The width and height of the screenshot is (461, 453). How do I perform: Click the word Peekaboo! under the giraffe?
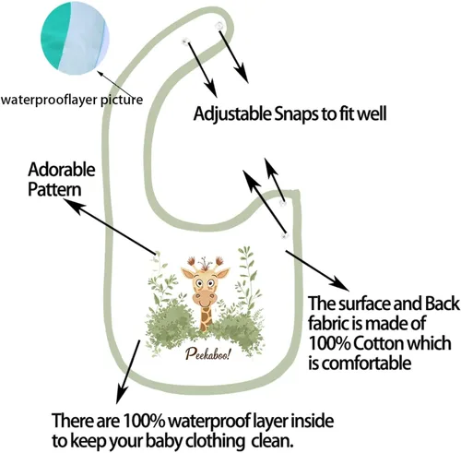point(207,355)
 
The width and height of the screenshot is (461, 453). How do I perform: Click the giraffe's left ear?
point(187,273)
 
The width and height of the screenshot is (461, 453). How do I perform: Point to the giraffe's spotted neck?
point(207,318)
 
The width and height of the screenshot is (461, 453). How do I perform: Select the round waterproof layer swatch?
point(76,40)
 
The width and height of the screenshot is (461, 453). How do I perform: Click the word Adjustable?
point(232,114)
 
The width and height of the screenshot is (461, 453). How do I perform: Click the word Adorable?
point(62,169)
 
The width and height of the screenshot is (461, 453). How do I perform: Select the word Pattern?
point(54,189)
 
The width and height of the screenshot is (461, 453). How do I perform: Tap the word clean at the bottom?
point(271,441)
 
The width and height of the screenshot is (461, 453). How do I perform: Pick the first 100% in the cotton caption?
point(329,343)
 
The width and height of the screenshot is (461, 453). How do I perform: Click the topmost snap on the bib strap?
point(219,26)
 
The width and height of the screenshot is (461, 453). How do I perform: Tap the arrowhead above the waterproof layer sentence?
point(121,395)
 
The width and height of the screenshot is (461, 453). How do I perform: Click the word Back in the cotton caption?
point(443,304)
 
